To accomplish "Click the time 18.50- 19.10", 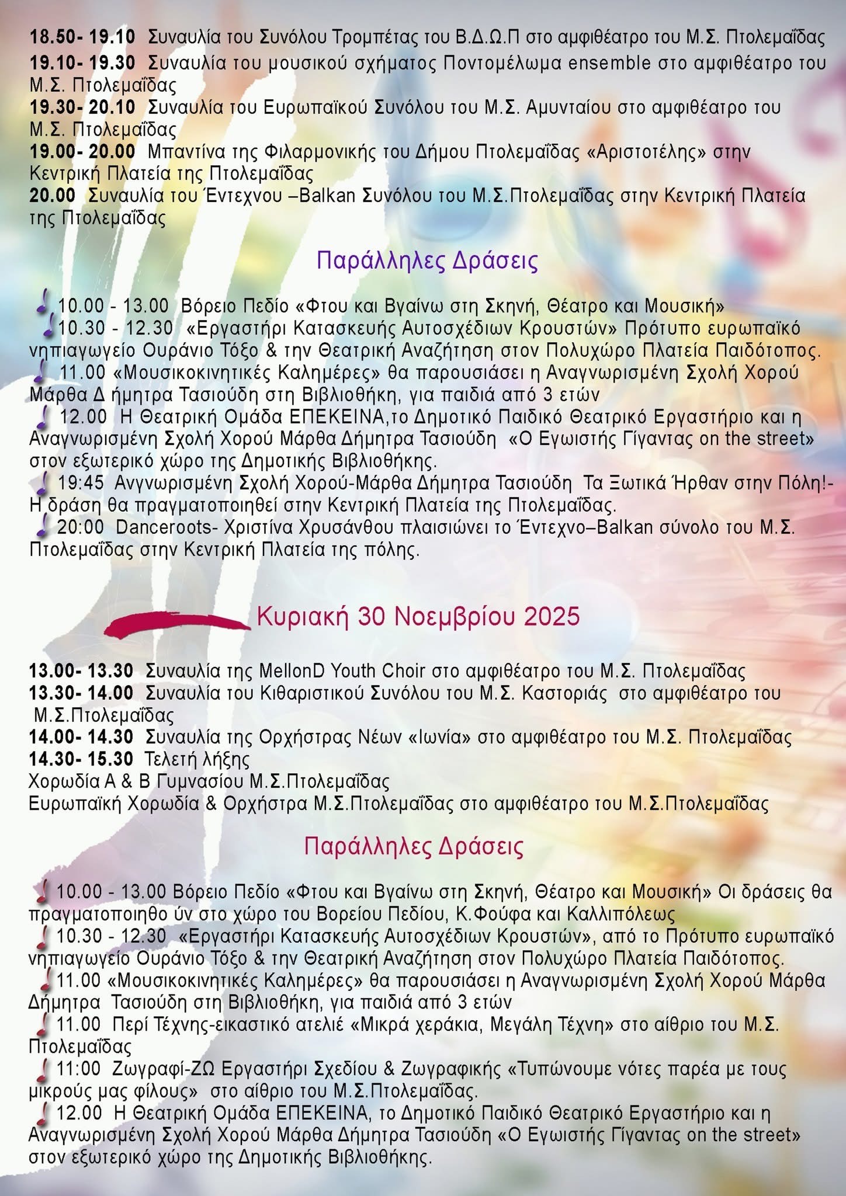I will click(82, 37).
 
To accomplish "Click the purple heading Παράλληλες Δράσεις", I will click(427, 260).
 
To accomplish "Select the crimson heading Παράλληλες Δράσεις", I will click(414, 846).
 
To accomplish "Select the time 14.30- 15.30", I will click(81, 759).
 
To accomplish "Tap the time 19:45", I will click(81, 483).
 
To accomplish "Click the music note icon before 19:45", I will click(42, 484).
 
